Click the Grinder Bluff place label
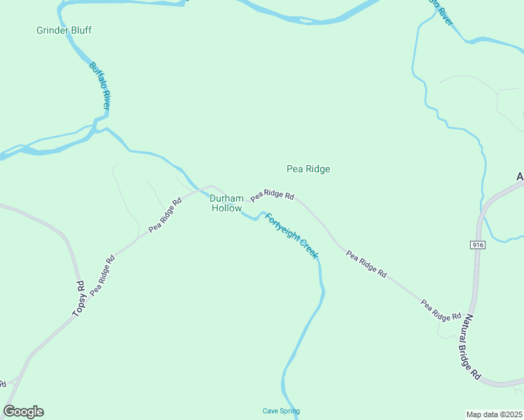click(64, 30)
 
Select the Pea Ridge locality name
click(308, 169)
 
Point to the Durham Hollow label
click(226, 203)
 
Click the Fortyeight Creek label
click(291, 236)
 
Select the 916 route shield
click(478, 244)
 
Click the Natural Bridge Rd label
click(471, 347)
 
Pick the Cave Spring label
click(281, 411)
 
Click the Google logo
click(23, 412)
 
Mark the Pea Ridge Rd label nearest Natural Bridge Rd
click(441, 309)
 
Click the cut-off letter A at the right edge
click(520, 177)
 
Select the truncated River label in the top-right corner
click(441, 13)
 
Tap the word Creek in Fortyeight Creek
click(309, 248)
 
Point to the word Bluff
click(80, 30)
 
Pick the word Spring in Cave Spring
click(289, 411)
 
